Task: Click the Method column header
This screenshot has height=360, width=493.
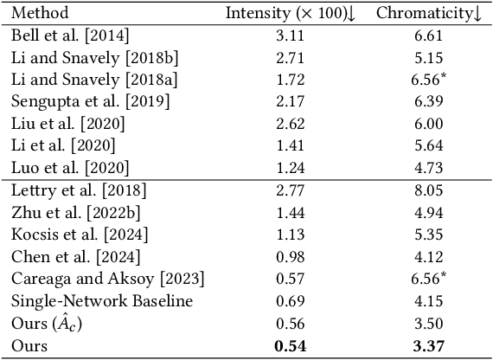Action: point(41,13)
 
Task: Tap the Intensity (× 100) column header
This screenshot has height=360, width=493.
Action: point(291,13)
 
